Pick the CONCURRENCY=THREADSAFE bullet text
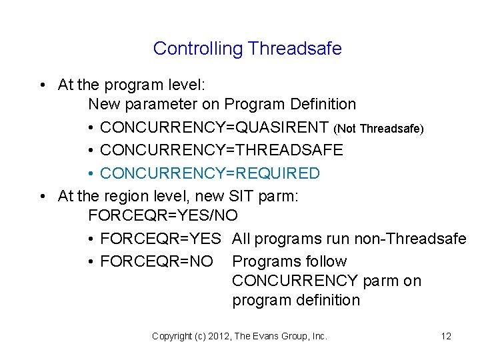click(x=221, y=150)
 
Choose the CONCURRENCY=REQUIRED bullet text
click(x=210, y=173)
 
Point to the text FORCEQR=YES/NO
click(x=163, y=216)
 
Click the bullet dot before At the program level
click(x=42, y=85)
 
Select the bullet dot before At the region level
click(x=42, y=197)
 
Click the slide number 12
click(x=446, y=336)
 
